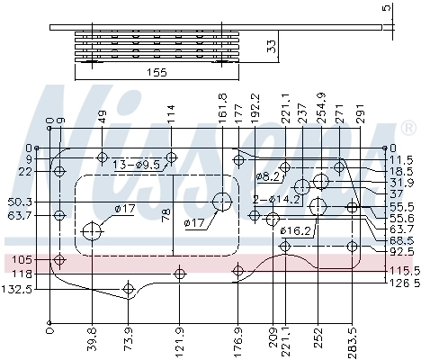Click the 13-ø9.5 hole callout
(136, 165)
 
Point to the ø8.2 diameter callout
(268, 175)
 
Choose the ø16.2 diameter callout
(295, 231)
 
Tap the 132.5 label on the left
(18, 289)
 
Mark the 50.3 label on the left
(19, 202)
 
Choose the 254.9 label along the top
(322, 108)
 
